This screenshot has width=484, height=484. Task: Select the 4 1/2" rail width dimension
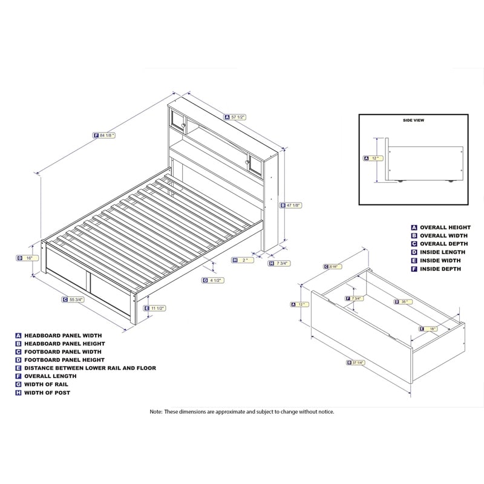coord(214,280)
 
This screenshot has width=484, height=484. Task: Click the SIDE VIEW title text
coord(413,120)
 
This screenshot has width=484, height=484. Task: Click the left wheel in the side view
coord(399,180)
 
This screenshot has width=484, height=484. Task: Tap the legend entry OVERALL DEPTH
coord(443,244)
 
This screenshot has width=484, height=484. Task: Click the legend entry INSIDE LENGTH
coord(442,252)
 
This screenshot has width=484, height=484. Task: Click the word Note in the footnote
coord(157,411)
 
